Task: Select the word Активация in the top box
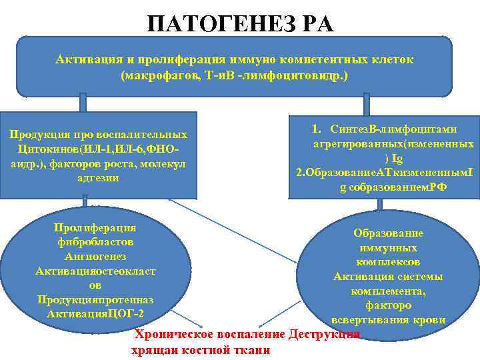[x=85, y=60]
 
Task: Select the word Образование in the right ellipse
[x=388, y=233]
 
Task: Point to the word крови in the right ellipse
[x=431, y=320]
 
